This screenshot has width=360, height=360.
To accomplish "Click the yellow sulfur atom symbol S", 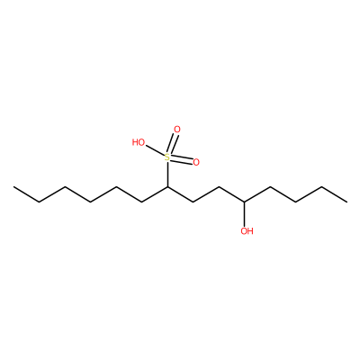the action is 167,157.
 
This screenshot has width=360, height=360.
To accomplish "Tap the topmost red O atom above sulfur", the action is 177,130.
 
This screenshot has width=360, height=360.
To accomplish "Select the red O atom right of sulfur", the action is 196,162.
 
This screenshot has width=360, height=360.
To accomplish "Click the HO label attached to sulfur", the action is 139,142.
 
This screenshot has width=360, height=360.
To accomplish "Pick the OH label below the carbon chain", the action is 247,231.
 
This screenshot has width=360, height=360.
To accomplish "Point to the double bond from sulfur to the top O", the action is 173,144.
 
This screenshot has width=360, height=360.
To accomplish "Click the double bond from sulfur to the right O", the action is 182,160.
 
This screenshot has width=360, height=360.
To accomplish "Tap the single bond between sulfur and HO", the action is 155,150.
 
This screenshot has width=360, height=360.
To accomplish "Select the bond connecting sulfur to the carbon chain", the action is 167,175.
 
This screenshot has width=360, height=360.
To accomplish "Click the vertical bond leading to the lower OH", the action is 245,214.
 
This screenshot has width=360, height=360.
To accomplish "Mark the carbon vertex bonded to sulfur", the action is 167,187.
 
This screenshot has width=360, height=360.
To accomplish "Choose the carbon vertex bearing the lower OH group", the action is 245,202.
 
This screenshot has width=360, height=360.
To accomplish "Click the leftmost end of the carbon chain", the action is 13,187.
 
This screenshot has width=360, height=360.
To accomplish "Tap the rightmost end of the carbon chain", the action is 347,202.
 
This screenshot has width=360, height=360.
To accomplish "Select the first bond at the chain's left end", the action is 27,194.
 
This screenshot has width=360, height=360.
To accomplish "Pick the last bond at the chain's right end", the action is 334,194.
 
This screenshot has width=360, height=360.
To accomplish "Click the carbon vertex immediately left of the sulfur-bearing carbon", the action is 142,202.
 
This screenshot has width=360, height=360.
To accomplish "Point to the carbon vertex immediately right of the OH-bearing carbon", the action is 270,187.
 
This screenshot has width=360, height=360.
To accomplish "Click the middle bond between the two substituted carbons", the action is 206,194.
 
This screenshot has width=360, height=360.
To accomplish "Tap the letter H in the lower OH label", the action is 250,231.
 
